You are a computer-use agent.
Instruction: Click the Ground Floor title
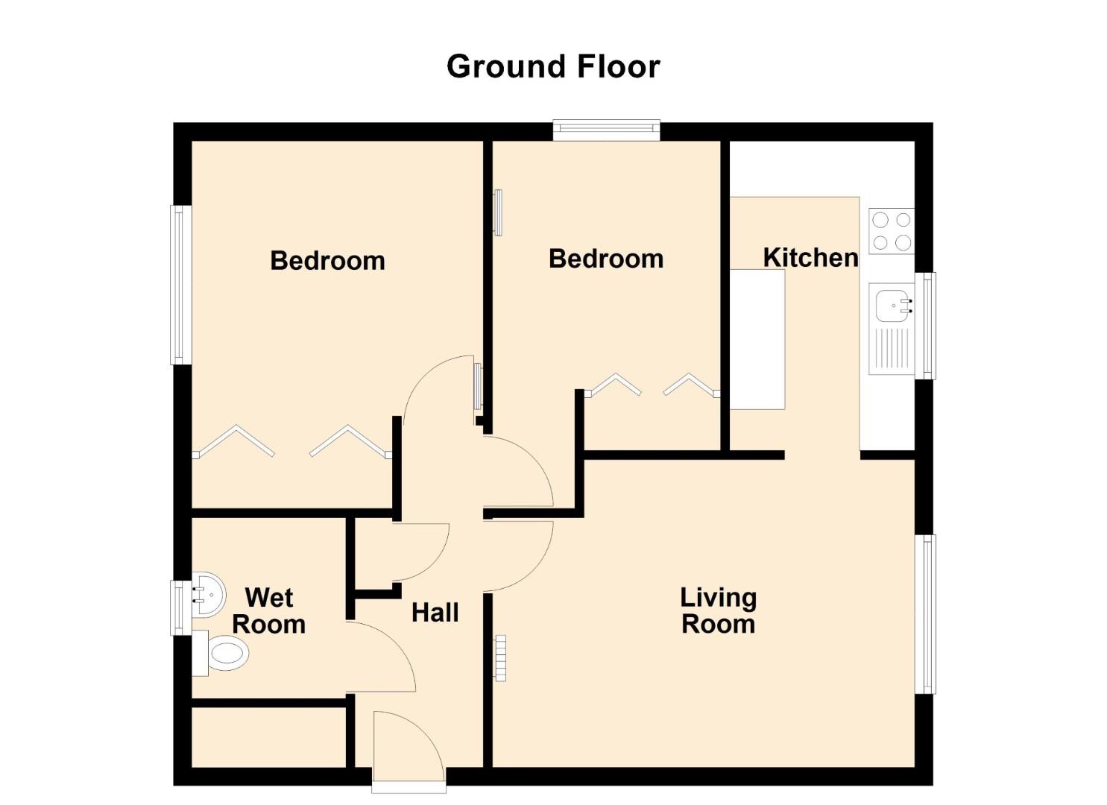553,67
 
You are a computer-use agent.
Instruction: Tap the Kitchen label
810,257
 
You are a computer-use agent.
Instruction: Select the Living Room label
718,610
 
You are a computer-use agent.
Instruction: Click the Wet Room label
269,610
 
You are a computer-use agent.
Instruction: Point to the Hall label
435,613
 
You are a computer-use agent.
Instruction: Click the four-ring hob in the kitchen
892,231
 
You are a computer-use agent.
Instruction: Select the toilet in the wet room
221,653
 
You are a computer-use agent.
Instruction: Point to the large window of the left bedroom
181,285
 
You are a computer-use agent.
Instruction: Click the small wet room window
181,607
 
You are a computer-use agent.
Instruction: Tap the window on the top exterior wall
606,130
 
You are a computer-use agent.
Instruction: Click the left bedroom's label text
327,260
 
